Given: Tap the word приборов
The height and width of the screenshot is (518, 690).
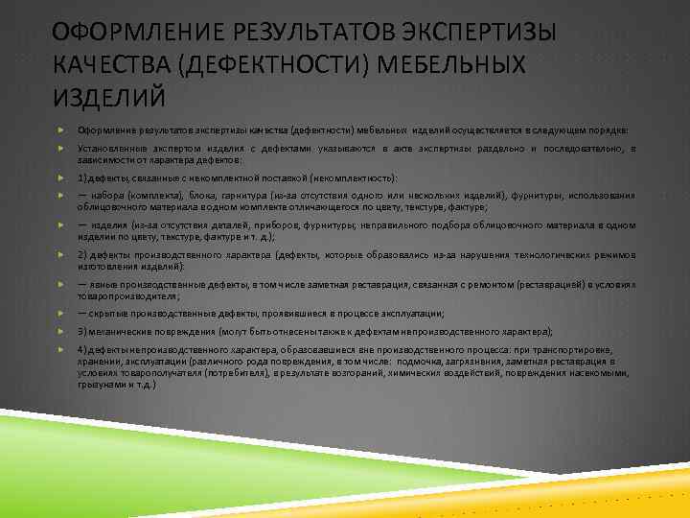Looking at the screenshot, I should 251,225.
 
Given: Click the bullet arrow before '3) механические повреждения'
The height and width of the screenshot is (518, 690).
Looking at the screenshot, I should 61,329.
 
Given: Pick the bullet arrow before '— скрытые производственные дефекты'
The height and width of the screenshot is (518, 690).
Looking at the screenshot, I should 61,312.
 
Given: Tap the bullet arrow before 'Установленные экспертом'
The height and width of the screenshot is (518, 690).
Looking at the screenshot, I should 61,149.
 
